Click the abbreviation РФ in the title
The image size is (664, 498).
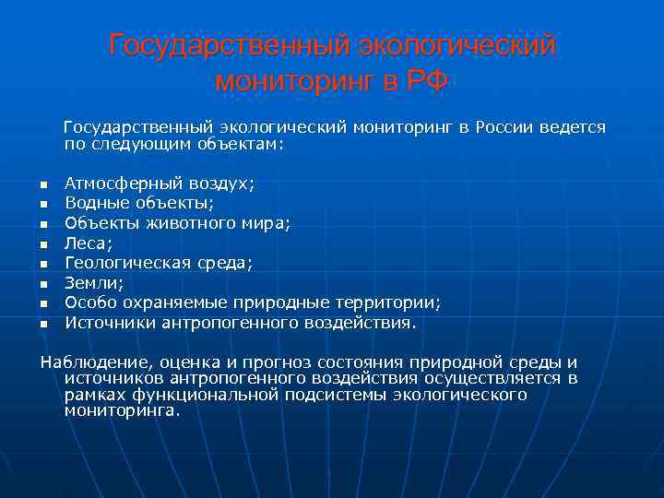(x=423, y=81)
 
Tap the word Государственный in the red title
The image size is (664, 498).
(x=228, y=45)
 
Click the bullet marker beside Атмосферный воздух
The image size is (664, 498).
(x=43, y=185)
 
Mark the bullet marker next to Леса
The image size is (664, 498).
(x=43, y=244)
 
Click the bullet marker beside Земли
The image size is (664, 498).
(x=43, y=284)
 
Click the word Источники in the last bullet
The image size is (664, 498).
(x=110, y=322)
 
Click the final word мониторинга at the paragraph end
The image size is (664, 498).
(x=123, y=410)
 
